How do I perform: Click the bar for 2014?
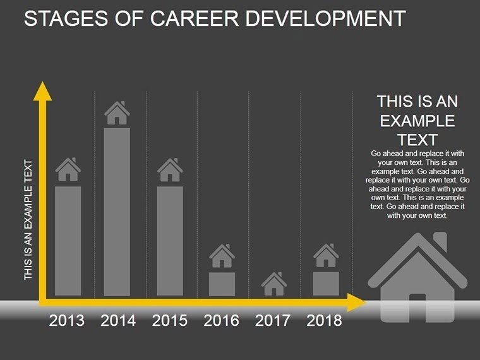[117, 212]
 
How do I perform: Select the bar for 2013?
[68, 241]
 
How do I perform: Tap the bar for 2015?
[170, 241]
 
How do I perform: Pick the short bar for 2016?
[222, 284]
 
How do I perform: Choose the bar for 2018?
[326, 284]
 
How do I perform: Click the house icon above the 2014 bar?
[117, 114]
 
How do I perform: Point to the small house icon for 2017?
[273, 284]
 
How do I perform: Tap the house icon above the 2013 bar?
[68, 169]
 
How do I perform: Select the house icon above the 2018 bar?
[326, 256]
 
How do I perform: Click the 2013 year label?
[67, 321]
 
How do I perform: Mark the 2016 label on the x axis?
[221, 321]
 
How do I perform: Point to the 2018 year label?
[324, 321]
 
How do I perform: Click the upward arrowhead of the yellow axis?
[42, 91]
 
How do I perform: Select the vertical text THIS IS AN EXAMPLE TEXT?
[28, 220]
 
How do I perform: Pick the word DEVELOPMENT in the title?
[328, 19]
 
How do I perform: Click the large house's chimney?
[440, 242]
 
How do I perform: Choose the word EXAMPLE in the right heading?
[417, 121]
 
